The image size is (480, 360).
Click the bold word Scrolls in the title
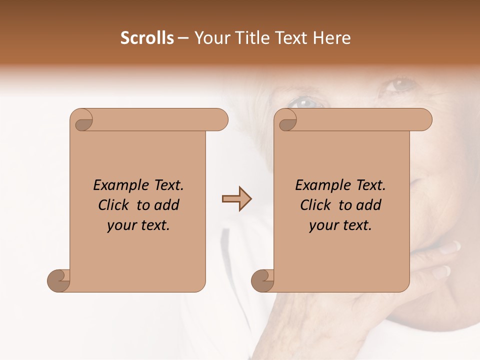click(x=147, y=38)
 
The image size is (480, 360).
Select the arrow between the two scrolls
click(x=236, y=199)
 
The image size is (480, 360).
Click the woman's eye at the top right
click(x=400, y=84)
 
